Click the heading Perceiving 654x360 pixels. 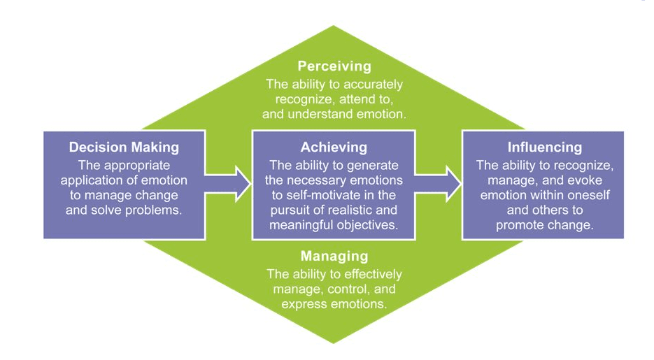[x=334, y=66]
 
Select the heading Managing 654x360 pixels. [x=334, y=256]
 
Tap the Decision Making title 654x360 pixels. [x=124, y=147]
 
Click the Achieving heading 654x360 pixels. [x=334, y=147]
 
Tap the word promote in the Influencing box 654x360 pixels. [x=519, y=224]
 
